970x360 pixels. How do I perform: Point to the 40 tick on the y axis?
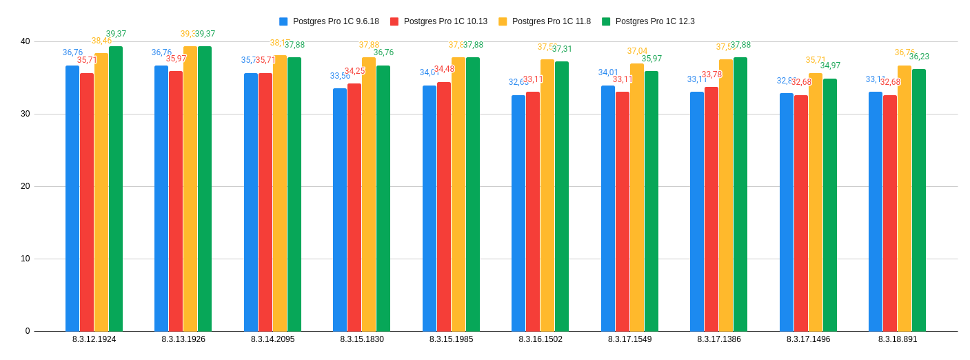click(26, 41)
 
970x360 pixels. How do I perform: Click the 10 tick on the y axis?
click(26, 259)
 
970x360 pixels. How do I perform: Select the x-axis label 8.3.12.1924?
click(94, 339)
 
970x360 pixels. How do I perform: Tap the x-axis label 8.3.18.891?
click(898, 339)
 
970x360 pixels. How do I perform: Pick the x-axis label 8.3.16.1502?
click(540, 339)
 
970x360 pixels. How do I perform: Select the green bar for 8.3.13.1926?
click(205, 189)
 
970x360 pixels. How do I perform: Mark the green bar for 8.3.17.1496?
click(830, 205)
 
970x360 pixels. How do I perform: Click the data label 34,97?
click(830, 66)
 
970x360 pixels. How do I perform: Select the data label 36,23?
click(919, 57)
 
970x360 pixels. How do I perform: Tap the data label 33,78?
click(711, 74)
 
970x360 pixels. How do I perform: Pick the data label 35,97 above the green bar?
click(651, 59)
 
